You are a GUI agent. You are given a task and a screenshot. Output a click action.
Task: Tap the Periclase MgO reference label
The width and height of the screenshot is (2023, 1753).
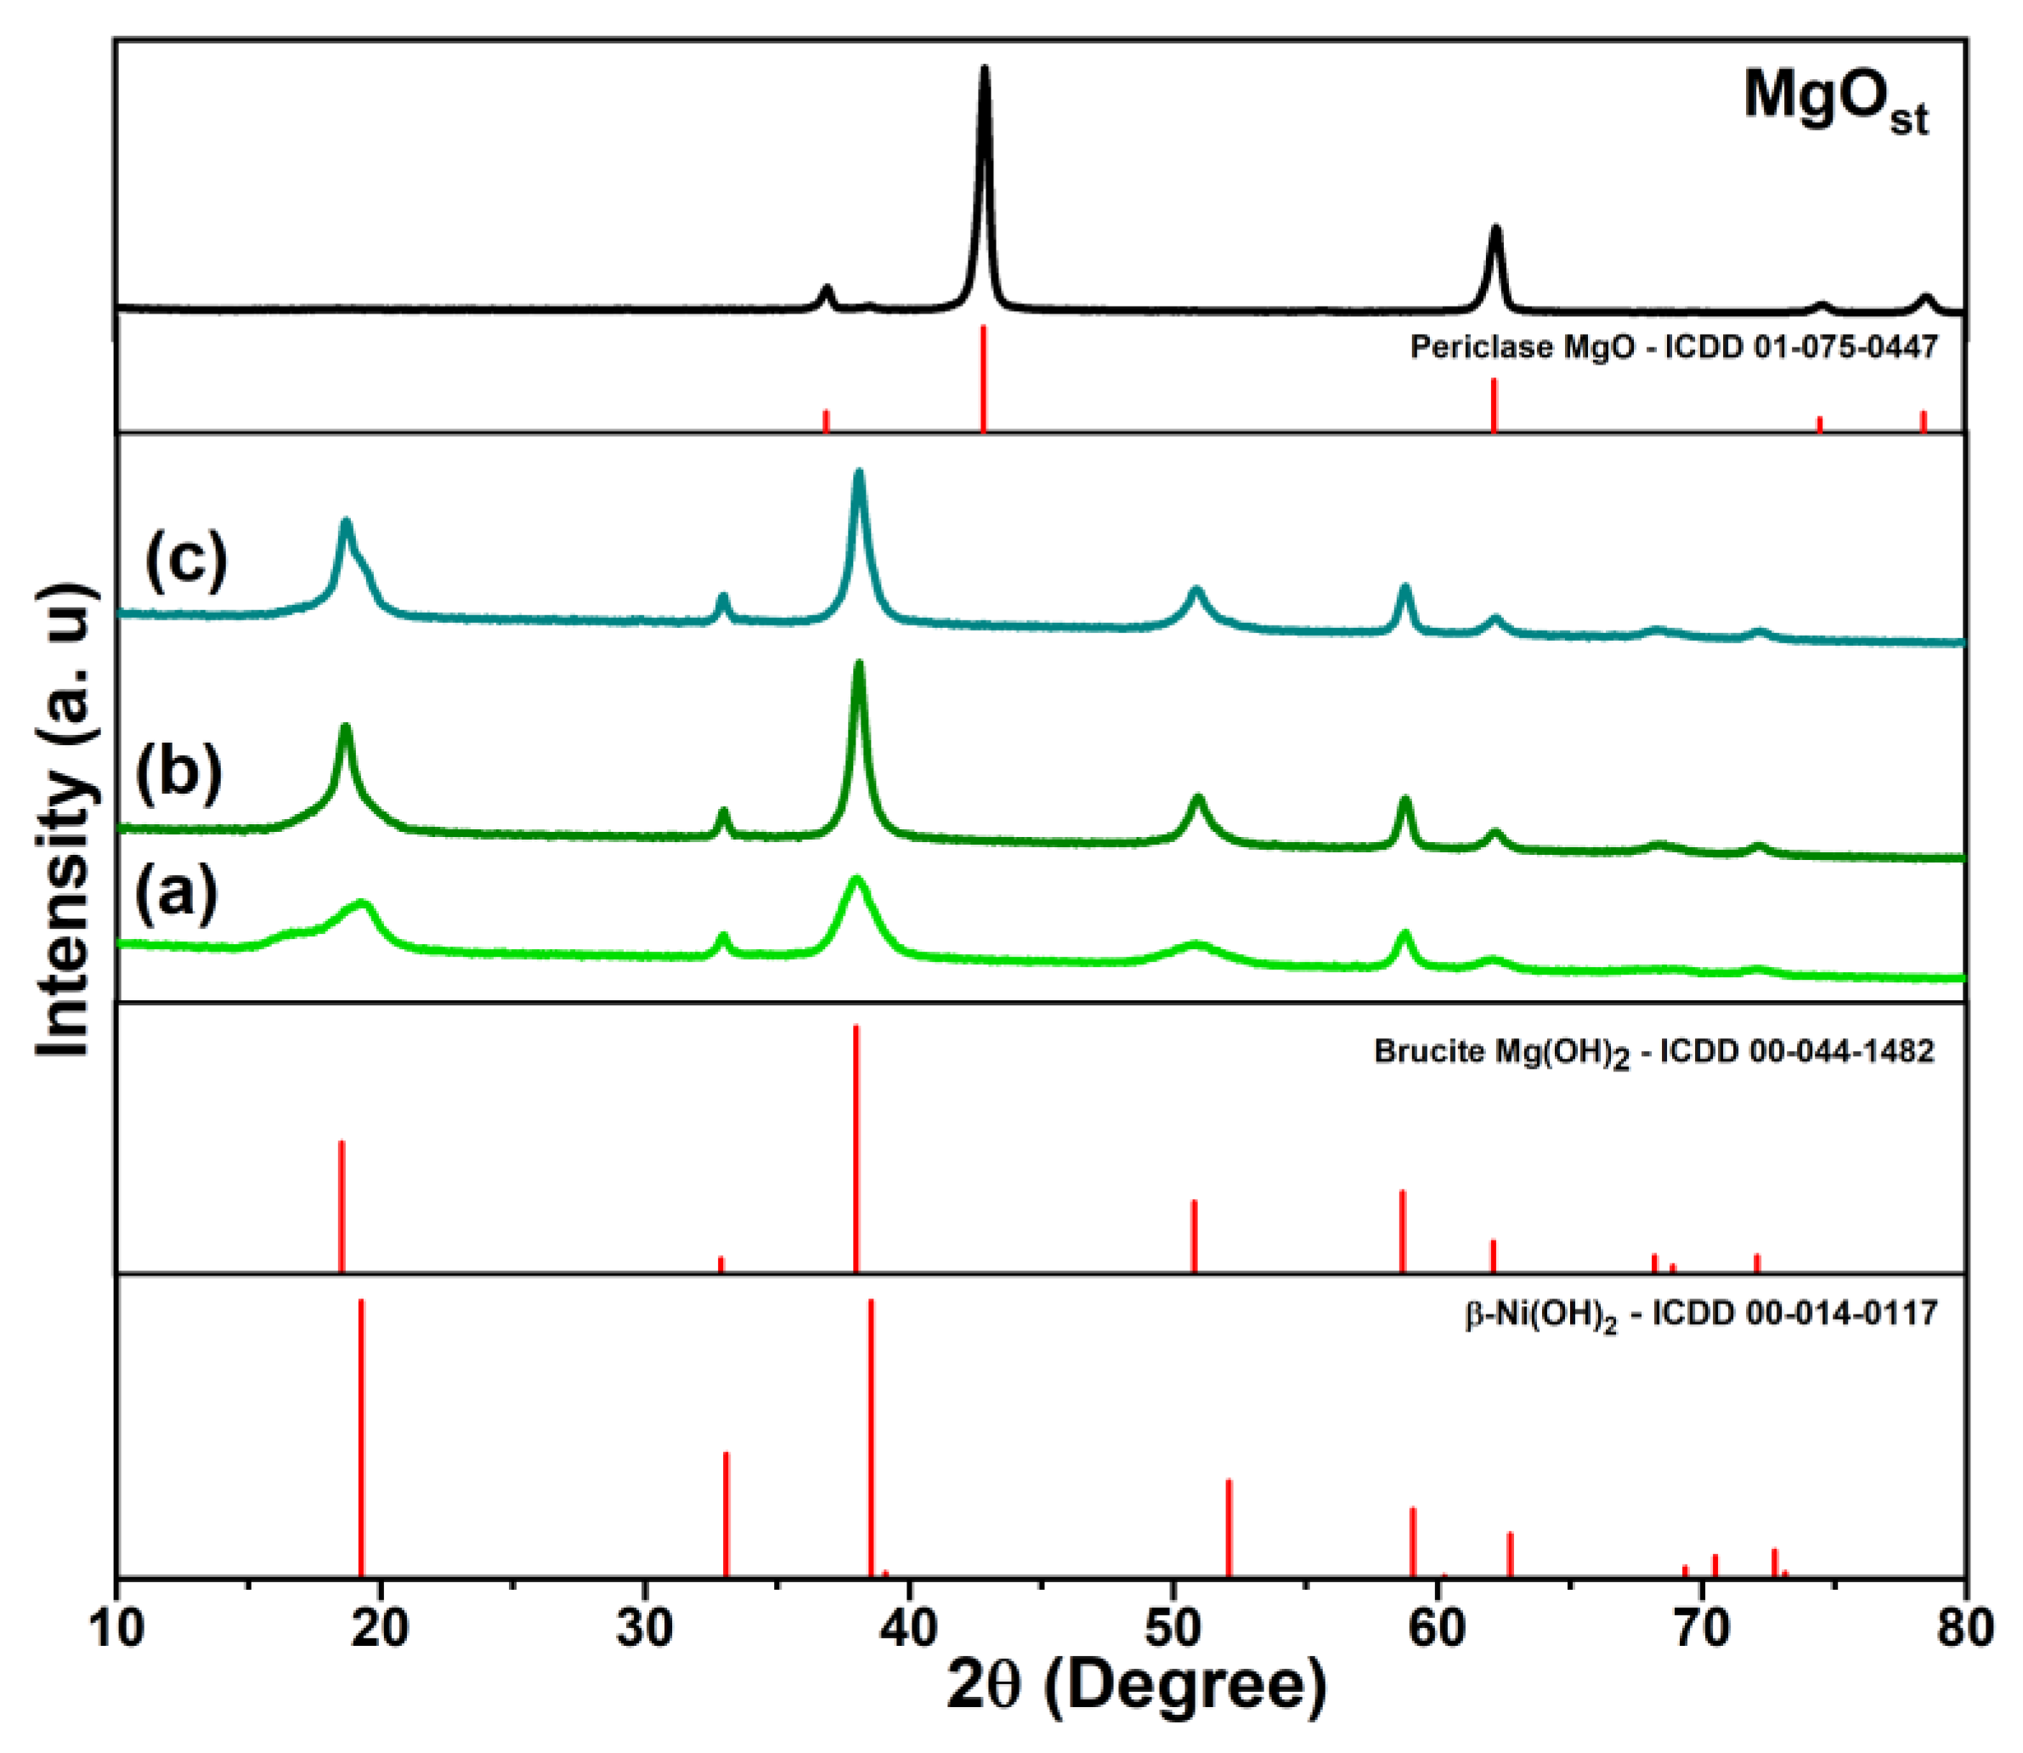[x=1673, y=347]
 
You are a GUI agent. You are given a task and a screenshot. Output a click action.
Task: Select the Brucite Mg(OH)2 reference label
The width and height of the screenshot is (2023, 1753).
[x=1654, y=1053]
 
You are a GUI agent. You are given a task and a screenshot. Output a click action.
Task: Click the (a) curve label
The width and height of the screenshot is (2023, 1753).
[x=176, y=895]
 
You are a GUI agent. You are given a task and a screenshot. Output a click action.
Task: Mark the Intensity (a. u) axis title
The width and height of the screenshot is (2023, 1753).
[x=63, y=822]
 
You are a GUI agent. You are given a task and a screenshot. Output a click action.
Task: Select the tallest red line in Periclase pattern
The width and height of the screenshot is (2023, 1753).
[x=983, y=376]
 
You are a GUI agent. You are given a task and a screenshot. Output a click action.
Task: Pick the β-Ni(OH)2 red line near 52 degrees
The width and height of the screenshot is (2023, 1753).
[x=1229, y=1526]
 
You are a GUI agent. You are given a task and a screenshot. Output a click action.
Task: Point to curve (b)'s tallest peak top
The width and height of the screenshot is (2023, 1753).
[x=859, y=666]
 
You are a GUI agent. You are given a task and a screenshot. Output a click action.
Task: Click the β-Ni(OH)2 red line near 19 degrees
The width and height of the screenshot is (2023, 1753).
[x=361, y=1438]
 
